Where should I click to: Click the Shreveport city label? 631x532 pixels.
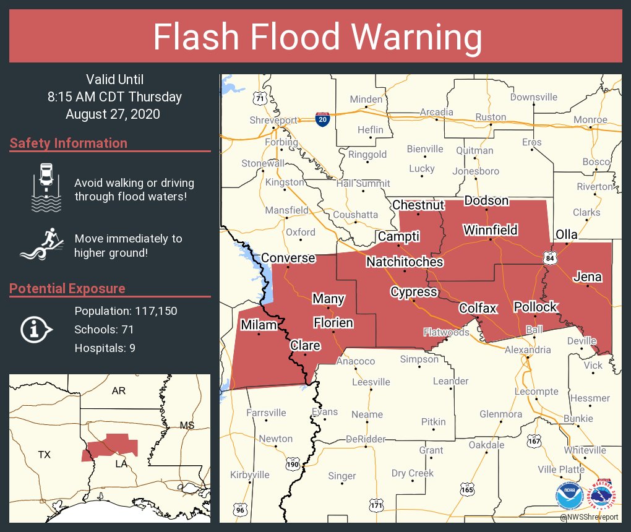tap(273, 121)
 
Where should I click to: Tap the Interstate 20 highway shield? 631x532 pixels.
tap(322, 119)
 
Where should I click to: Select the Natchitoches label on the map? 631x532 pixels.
tap(405, 262)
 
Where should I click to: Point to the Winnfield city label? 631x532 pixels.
tap(490, 231)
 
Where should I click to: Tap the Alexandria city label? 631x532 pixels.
tap(527, 350)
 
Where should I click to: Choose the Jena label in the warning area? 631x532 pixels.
tap(587, 277)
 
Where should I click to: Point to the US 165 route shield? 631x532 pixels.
tap(467, 489)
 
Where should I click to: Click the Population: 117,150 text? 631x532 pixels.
tap(126, 311)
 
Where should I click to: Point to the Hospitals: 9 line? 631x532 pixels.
tap(105, 348)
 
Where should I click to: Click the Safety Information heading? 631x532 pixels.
tap(69, 144)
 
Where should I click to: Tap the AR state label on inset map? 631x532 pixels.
tap(119, 391)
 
